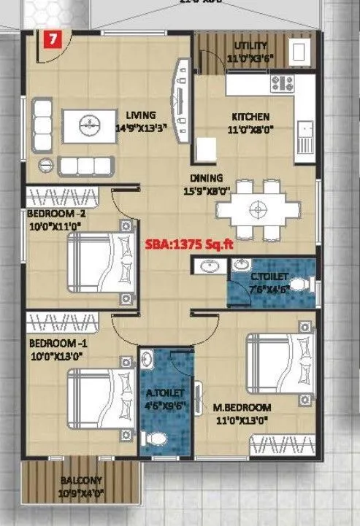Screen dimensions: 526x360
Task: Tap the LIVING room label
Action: coord(140,115)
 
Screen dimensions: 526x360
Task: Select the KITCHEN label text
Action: coord(250,117)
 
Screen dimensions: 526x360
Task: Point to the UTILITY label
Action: coord(250,46)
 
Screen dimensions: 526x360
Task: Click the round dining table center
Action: coord(256,209)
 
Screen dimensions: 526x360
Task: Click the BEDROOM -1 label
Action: coord(55,343)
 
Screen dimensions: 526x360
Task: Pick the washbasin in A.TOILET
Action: coord(148,360)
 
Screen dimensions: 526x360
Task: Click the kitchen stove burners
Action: coord(282,82)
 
